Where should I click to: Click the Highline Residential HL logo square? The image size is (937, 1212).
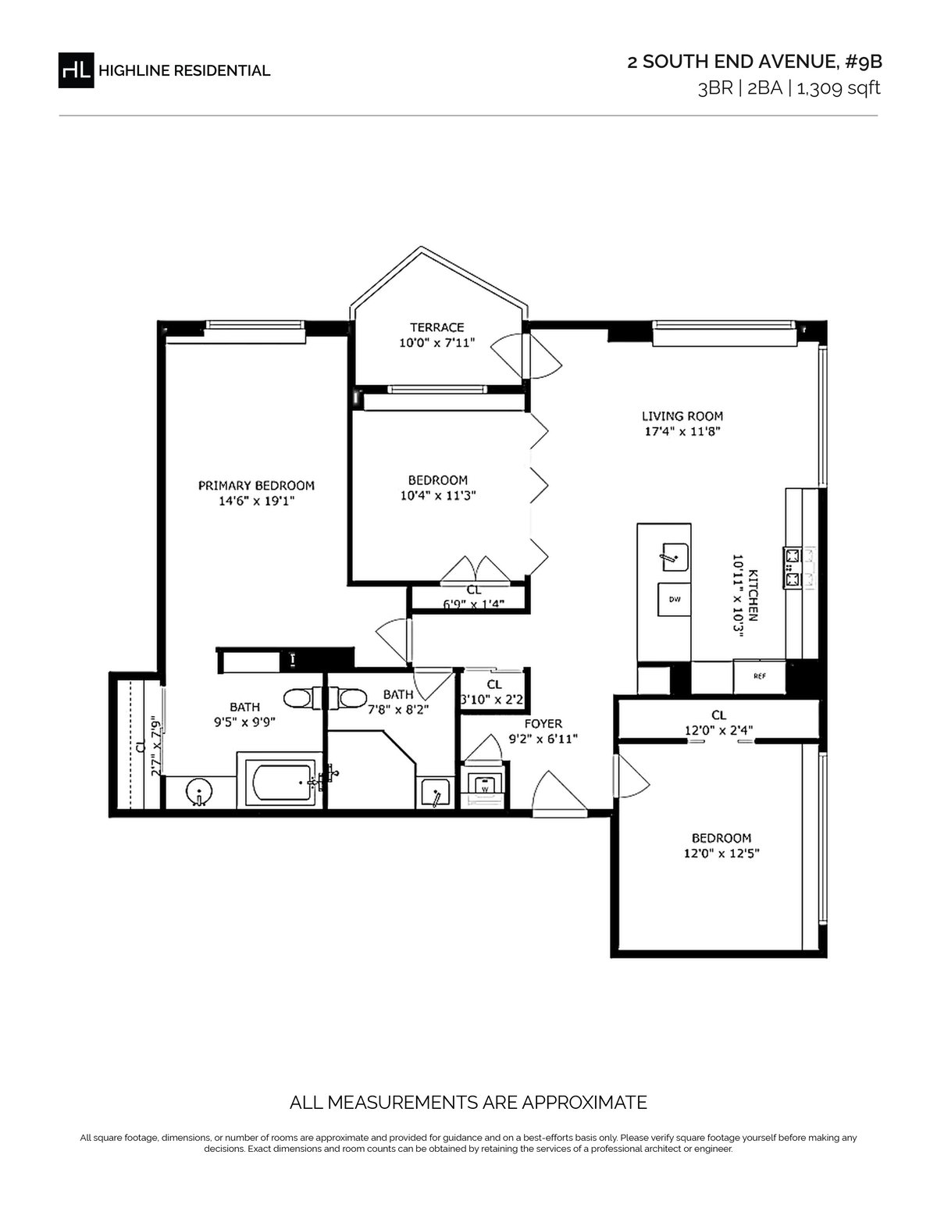(x=76, y=70)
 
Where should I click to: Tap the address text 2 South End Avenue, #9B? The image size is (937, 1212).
(x=755, y=62)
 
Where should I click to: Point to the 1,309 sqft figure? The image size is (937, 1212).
(x=839, y=88)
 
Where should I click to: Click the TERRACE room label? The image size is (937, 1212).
(x=436, y=327)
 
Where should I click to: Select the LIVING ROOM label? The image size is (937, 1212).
(x=682, y=416)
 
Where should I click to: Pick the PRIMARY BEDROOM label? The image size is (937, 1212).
(x=256, y=486)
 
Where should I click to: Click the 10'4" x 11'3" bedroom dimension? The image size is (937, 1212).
(x=438, y=495)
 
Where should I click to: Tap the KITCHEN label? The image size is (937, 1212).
(x=753, y=595)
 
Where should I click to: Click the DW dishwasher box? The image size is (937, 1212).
(x=674, y=600)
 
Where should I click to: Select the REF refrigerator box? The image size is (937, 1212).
(x=759, y=676)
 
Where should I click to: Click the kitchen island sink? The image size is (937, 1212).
(x=675, y=558)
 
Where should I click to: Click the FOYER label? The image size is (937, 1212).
(x=543, y=724)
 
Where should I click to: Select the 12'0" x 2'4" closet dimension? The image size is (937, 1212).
(x=719, y=730)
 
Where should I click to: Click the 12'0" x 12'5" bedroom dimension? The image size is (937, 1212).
(x=721, y=853)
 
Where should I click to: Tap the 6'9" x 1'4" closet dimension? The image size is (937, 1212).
(x=474, y=604)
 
